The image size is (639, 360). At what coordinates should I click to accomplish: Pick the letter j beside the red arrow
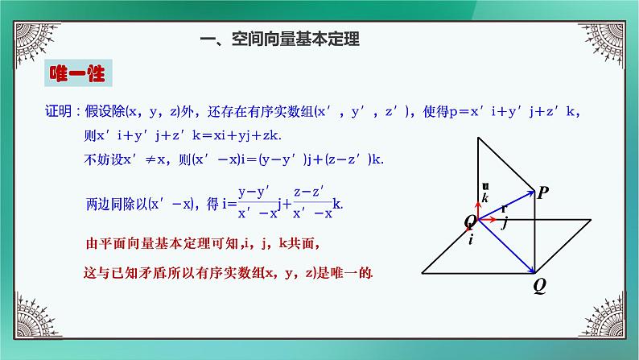coord(505,224)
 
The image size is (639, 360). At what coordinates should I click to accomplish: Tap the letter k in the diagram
coord(484,198)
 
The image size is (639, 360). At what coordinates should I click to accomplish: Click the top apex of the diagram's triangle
coord(477,138)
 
